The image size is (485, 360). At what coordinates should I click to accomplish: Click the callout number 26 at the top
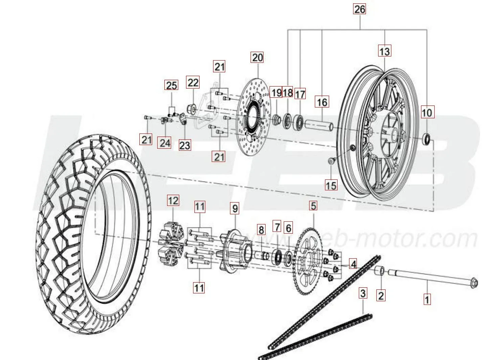(x=360, y=9)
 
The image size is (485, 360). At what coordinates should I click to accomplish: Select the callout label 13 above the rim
(x=385, y=51)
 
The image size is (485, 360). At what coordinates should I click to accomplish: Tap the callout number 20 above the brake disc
(x=257, y=57)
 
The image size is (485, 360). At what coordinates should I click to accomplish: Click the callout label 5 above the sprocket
(x=313, y=206)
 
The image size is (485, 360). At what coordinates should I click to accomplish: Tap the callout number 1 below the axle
(x=427, y=299)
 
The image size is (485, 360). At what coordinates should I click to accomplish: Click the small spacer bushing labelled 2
(x=380, y=271)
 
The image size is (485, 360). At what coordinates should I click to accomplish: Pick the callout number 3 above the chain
(x=363, y=293)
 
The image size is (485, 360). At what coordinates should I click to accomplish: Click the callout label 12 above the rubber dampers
(x=173, y=201)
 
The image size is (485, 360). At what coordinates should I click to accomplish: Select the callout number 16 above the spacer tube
(x=322, y=102)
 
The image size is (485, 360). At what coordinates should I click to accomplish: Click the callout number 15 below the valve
(x=331, y=185)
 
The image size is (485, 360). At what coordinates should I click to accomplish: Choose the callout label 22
(x=193, y=82)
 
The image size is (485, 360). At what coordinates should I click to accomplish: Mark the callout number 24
(x=165, y=143)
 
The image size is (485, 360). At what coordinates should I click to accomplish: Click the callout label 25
(x=171, y=85)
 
